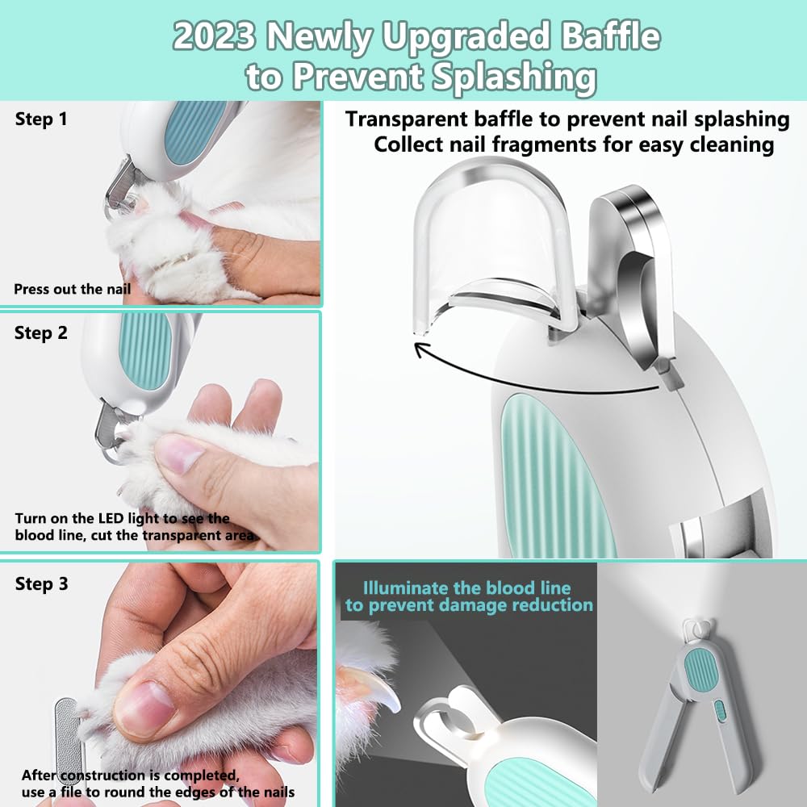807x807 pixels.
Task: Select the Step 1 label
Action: point(40,120)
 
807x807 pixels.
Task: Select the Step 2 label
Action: point(41,332)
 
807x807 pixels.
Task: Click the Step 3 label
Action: point(41,583)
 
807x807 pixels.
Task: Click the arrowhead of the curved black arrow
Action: point(420,349)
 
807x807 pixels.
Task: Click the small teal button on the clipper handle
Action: point(720,713)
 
